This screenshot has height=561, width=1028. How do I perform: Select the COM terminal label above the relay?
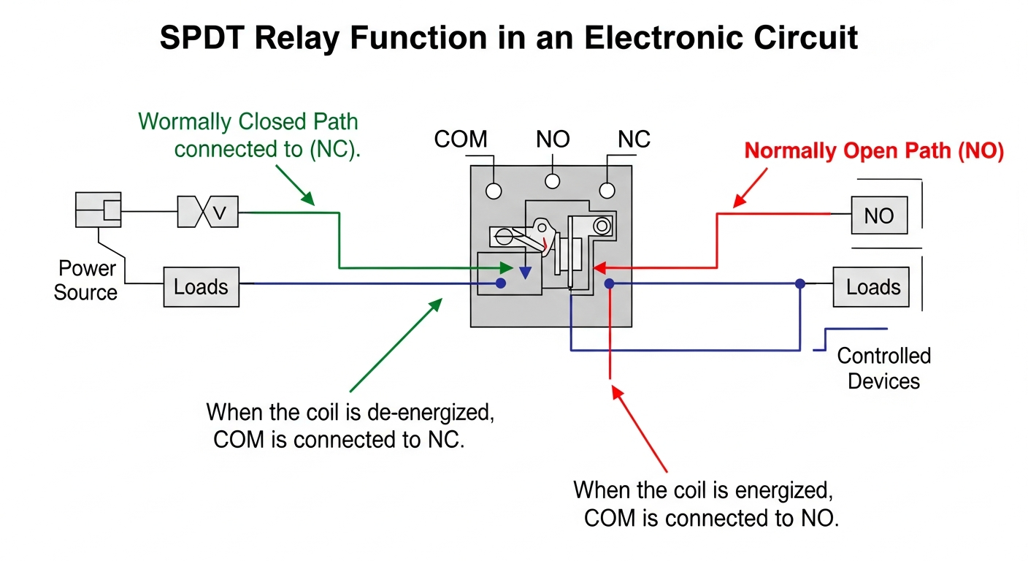(461, 139)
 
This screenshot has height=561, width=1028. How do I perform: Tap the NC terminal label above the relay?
(634, 139)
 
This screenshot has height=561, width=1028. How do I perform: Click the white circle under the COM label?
(494, 191)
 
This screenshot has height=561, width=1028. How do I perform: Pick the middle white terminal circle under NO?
(553, 181)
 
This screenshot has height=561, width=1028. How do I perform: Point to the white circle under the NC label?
(607, 191)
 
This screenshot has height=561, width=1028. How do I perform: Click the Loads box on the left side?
(201, 286)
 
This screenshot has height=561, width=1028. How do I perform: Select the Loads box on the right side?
(873, 286)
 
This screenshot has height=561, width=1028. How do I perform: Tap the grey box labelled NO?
(879, 215)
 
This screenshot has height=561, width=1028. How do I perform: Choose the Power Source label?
(86, 280)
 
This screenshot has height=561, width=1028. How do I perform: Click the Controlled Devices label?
(883, 368)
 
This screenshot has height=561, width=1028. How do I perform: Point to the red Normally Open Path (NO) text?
(874, 151)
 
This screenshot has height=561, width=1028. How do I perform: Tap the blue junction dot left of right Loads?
(800, 283)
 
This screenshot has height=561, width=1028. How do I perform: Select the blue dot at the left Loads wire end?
(501, 283)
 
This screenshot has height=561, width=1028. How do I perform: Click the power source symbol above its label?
(98, 210)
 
